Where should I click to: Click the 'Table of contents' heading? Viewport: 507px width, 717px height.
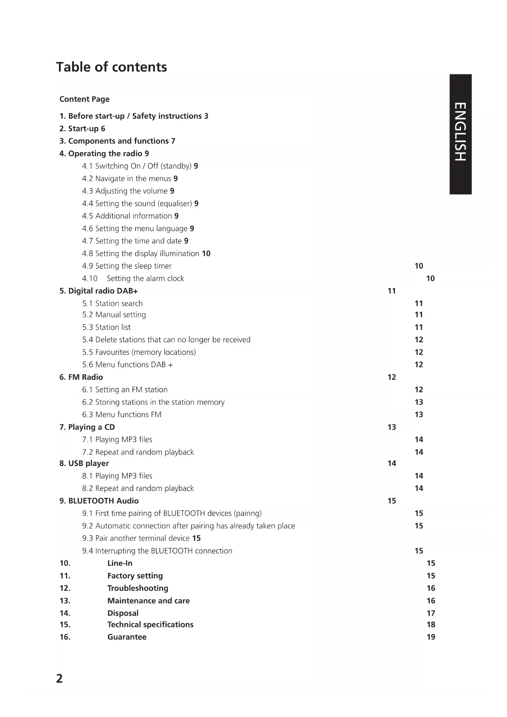pyautogui.click(x=112, y=67)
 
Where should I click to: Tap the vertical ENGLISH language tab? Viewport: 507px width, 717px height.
pyautogui.click(x=460, y=132)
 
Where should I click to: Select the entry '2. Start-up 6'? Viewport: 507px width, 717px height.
pyautogui.click(x=82, y=129)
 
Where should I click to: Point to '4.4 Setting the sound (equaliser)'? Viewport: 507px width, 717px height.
pyautogui.click(x=140, y=204)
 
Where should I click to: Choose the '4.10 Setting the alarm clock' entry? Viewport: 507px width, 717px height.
pyautogui.click(x=133, y=279)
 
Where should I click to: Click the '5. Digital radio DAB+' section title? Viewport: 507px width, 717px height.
pyautogui.click(x=98, y=291)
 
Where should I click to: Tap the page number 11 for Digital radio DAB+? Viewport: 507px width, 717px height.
pyautogui.click(x=391, y=291)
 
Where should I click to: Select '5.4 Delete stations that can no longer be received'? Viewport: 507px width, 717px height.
pyautogui.click(x=166, y=340)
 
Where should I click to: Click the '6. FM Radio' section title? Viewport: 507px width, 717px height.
pyautogui.click(x=81, y=377)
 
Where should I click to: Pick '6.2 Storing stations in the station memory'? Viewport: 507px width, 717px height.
pyautogui.click(x=153, y=402)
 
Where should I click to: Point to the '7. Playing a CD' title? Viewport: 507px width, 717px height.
pyautogui.click(x=87, y=427)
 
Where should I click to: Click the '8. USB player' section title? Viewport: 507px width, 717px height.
pyautogui.click(x=84, y=464)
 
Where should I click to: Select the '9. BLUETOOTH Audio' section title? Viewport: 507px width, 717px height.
pyautogui.click(x=99, y=501)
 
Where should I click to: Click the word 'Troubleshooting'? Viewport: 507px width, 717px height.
pyautogui.click(x=138, y=588)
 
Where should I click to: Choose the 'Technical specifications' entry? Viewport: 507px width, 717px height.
pyautogui.click(x=150, y=625)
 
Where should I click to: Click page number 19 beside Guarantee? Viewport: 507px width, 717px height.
pyautogui.click(x=431, y=637)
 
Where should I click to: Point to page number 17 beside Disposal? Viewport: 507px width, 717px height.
pyautogui.click(x=431, y=613)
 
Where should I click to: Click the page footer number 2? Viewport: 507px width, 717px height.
pyautogui.click(x=60, y=679)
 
